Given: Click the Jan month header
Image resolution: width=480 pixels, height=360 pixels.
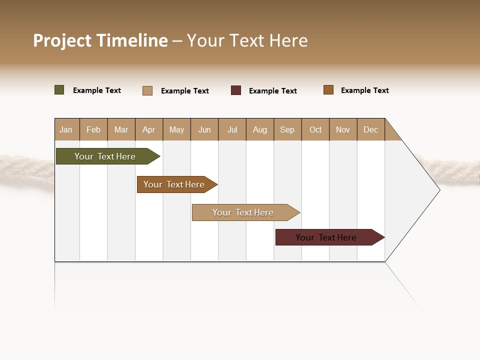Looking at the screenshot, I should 66,129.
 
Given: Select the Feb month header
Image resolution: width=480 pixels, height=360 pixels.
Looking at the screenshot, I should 93,129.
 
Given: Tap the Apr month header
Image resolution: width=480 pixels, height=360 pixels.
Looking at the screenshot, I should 148,129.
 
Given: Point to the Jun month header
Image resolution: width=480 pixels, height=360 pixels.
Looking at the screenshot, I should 204,129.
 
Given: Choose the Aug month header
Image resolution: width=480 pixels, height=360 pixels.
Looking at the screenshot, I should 259,129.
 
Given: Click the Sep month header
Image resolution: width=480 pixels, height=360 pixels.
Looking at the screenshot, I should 287,129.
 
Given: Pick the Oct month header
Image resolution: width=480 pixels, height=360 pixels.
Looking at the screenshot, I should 315,129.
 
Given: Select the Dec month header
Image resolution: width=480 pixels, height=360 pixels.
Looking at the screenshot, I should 370,129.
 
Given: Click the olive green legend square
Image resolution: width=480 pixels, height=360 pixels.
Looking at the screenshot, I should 59,90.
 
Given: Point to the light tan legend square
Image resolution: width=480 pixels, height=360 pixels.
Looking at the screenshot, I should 147,90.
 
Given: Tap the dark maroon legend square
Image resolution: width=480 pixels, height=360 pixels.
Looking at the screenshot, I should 236,90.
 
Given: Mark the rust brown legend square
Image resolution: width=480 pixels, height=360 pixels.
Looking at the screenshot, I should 328,90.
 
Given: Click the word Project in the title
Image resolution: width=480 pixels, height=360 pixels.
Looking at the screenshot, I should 62,40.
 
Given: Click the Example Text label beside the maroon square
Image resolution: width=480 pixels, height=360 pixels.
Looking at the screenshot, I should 272,91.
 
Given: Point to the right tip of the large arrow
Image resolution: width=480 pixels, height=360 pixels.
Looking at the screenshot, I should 439,189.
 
